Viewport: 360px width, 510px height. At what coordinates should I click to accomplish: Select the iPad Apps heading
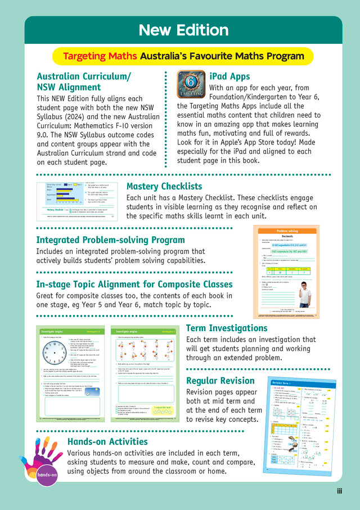click(x=229, y=76)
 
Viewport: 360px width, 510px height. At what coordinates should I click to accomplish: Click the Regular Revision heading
click(x=221, y=381)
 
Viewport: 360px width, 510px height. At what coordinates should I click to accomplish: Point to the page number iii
click(x=339, y=491)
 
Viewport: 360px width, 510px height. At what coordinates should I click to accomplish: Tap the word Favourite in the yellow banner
click(x=218, y=56)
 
